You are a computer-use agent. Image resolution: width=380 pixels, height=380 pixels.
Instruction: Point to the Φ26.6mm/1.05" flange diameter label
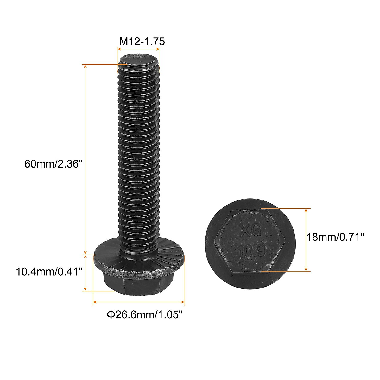point(145,314)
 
